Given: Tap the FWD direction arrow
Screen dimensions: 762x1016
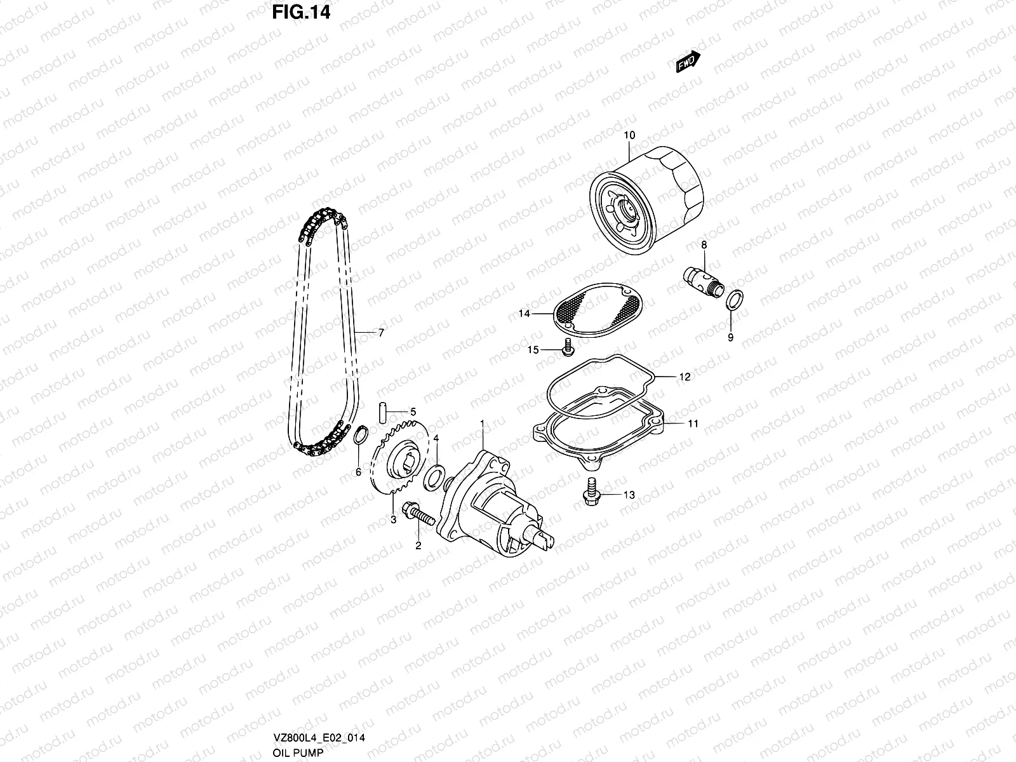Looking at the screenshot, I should click(x=688, y=62).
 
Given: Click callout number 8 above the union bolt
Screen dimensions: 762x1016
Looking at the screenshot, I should click(x=704, y=244).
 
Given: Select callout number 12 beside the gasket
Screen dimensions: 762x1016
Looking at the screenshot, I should click(x=684, y=377).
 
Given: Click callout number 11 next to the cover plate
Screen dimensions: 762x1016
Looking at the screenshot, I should click(x=693, y=423).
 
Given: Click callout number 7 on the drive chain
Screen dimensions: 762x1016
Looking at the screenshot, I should click(x=381, y=332).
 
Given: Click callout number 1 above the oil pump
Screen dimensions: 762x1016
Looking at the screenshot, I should click(x=482, y=423).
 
